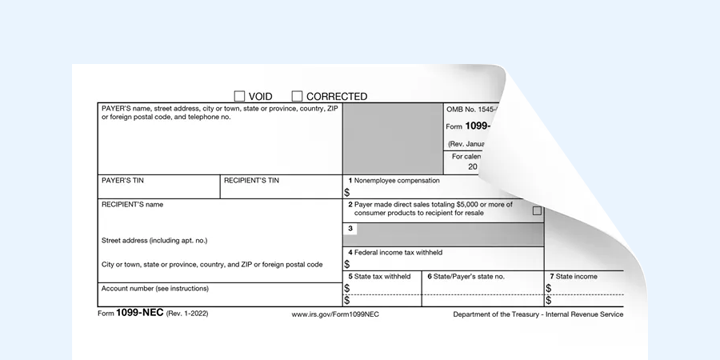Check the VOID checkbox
pos(239,96)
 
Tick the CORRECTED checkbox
pos(297,96)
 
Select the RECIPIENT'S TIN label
pos(251,181)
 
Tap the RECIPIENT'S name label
pos(132,204)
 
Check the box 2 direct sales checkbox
pos(537,211)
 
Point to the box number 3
pos(350,229)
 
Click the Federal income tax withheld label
pos(399,252)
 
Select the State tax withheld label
pos(383,276)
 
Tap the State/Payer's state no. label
pos(466,276)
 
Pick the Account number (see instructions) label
pos(155,288)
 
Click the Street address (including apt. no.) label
pos(155,241)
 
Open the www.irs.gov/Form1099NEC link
pos(334,314)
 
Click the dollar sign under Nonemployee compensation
pos(347,192)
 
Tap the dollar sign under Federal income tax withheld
pos(347,264)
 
